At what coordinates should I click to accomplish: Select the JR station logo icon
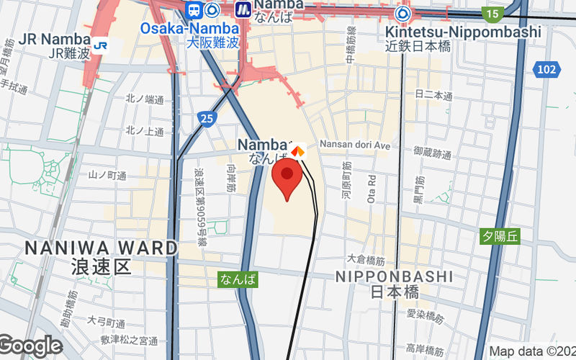101,45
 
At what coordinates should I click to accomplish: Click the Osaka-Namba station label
184,28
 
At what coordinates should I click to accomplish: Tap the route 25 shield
207,118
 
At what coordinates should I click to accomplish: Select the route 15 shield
492,13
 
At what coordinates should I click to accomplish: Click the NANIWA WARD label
101,248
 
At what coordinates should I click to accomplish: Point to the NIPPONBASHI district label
395,276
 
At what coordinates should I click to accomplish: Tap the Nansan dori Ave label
354,145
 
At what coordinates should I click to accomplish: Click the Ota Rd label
372,188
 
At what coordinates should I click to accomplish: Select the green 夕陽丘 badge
500,235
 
